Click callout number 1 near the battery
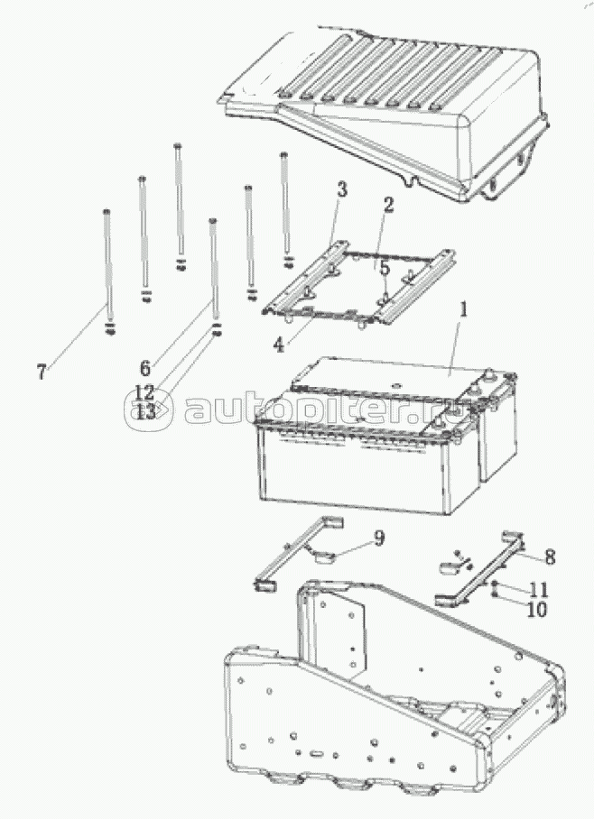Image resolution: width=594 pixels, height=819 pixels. [462, 312]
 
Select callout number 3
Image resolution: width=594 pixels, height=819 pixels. [341, 190]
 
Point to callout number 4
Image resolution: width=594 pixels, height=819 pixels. [279, 345]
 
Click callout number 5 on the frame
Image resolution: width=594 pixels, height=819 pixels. [385, 269]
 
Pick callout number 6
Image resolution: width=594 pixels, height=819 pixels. [145, 368]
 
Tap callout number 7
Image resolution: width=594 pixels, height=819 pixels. [42, 372]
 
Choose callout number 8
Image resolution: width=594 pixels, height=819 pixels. [550, 557]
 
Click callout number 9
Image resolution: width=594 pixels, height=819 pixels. [379, 538]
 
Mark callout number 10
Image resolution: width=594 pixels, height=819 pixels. [536, 609]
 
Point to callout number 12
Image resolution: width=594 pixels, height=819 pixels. [144, 392]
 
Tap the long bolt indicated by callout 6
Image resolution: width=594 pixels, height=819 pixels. [214, 277]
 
